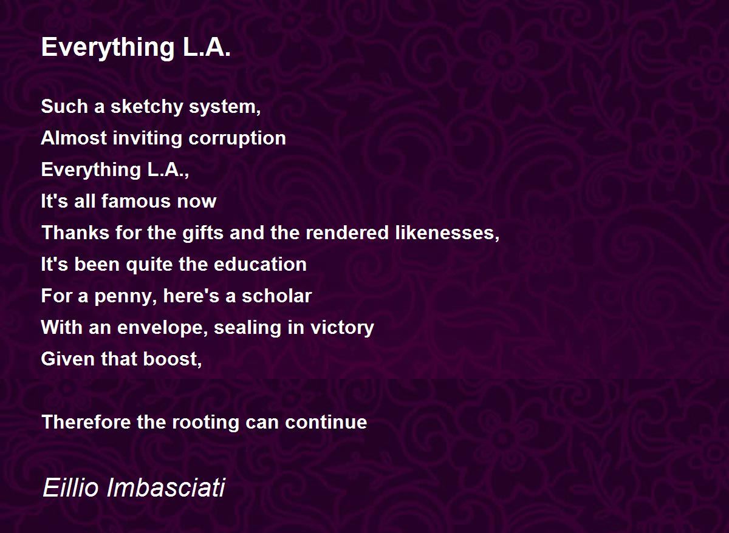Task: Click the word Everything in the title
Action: point(108,48)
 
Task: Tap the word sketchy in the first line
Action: point(147,107)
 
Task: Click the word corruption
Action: point(237,139)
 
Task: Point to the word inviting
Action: point(148,138)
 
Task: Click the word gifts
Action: point(202,233)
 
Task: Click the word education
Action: point(260,264)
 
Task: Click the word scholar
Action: point(276,296)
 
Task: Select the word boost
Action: point(170,359)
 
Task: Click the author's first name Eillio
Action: point(70,487)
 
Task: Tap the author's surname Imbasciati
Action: point(166,487)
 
